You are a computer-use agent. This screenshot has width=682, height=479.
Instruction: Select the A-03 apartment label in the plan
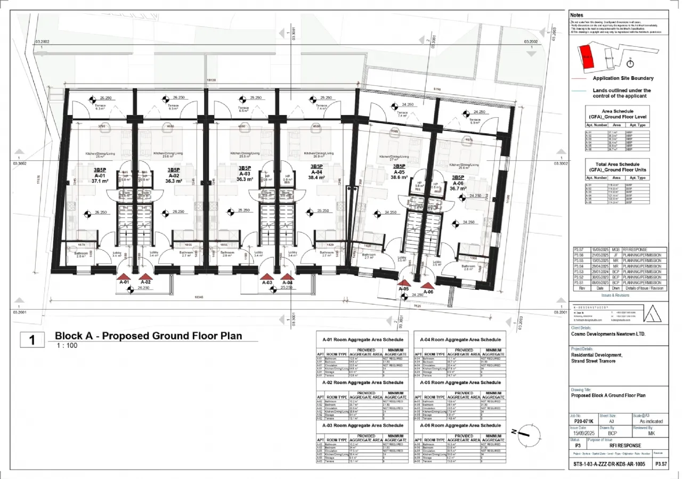pos(245,174)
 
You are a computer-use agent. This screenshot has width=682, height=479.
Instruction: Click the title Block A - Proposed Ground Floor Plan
pos(148,336)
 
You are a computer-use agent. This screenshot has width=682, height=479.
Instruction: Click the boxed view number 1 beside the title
pos(33,340)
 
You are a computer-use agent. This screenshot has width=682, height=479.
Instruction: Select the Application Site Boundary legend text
pos(623,78)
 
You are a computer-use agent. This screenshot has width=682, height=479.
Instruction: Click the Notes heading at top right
pos(577,15)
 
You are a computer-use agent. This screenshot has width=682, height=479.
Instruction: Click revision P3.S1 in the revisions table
pos(579,283)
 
